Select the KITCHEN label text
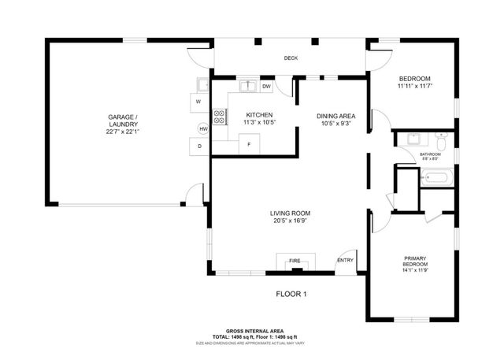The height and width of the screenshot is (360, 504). tap(259, 114)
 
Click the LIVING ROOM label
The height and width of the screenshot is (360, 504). tap(291, 213)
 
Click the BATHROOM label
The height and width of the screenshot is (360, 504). tap(429, 154)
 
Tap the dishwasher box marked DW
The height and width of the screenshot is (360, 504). tap(267, 87)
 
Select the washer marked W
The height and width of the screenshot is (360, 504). tap(198, 102)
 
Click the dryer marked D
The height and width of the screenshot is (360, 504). tap(198, 147)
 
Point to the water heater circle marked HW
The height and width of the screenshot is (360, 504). tap(203, 128)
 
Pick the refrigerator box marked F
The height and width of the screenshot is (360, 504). tap(250, 144)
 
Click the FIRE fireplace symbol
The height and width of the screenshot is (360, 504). tap(295, 261)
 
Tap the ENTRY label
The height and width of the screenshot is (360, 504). tap(345, 261)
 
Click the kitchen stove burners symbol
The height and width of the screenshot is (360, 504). tap(220, 117)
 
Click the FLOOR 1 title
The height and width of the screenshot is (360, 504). tap(291, 295)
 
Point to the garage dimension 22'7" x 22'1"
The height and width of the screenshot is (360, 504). tap(124, 132)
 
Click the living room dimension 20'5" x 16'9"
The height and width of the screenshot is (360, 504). tap(291, 221)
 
